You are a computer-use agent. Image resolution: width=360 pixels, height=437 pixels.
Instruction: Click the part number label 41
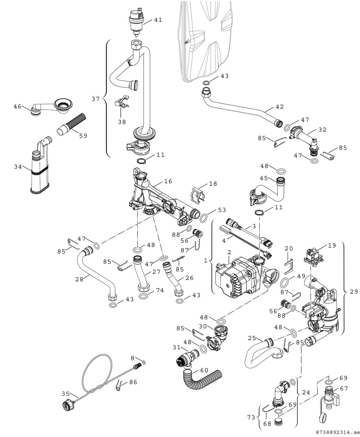pos(158,19)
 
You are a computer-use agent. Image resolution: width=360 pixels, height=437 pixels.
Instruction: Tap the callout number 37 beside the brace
pos(95,99)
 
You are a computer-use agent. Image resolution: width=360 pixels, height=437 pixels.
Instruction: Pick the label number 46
pos(17,106)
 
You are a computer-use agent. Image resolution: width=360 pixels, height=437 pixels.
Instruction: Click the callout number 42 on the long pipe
pos(279,107)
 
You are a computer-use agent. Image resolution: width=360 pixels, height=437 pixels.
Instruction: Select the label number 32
pos(322,130)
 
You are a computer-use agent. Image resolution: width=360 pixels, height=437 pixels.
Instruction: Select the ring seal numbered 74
pos(143,296)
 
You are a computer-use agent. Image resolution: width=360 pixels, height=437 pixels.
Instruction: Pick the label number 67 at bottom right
pos(344,388)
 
